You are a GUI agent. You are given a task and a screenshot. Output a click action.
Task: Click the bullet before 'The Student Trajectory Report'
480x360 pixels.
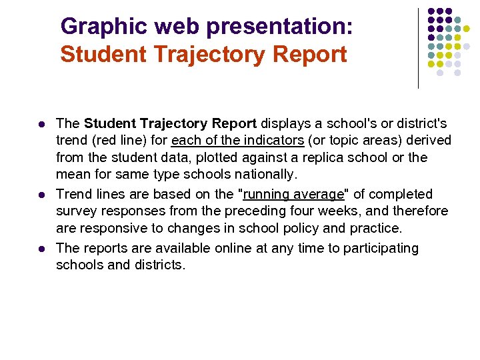tap(41, 125)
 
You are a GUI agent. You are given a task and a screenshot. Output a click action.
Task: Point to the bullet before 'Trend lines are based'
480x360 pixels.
tap(41, 195)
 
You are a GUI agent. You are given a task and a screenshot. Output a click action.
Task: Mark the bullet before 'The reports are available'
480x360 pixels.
tap(41, 249)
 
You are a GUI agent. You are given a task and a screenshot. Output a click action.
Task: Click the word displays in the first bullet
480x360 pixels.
tap(284, 123)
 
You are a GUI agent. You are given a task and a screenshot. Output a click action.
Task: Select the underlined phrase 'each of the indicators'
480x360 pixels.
tap(237, 141)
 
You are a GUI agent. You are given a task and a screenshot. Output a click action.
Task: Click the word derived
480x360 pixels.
tap(429, 141)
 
